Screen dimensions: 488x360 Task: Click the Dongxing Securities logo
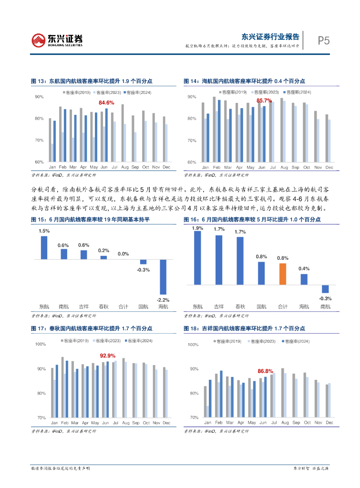tap(57, 40)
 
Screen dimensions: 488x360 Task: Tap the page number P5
tap(324, 41)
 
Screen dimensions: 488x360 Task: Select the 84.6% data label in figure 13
tap(106, 102)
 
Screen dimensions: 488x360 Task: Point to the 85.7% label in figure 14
tap(264, 101)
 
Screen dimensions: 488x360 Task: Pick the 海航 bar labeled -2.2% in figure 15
tap(163, 276)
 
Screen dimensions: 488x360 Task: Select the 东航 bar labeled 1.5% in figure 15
tap(44, 247)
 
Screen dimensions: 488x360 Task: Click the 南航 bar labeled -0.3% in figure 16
tap(326, 289)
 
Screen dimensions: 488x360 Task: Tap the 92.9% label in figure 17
tap(107, 356)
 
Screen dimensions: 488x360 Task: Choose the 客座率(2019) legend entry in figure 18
tap(228, 341)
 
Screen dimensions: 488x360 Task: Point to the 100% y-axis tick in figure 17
tap(41, 344)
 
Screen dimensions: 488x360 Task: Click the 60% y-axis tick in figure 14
tap(192, 163)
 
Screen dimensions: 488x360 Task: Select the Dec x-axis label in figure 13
tap(166, 167)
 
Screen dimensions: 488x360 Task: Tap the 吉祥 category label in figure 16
tap(219, 306)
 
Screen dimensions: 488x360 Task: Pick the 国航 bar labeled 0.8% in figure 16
tap(261, 273)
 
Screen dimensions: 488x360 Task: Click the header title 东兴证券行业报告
tap(271, 36)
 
